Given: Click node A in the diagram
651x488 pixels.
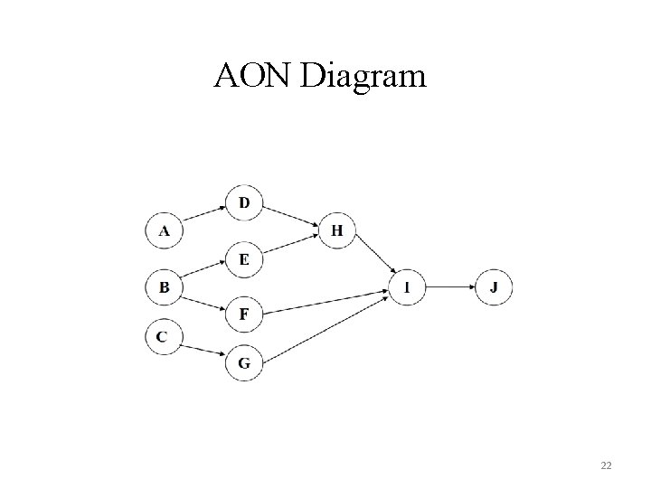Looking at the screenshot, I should click(x=164, y=230).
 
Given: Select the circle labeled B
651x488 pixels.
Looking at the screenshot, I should click(x=164, y=288).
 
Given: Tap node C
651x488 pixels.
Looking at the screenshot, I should click(x=164, y=336).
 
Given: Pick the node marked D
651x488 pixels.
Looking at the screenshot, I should click(x=244, y=202).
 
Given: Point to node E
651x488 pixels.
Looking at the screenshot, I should click(x=244, y=259).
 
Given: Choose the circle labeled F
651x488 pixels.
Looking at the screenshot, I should click(x=244, y=314).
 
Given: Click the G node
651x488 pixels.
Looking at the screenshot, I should click(x=244, y=363).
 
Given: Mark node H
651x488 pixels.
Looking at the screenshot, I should click(x=336, y=230).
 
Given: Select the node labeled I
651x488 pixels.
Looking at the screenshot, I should click(x=407, y=287).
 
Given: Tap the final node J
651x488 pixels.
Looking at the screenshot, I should click(x=493, y=287).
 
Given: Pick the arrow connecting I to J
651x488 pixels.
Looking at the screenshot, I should click(x=449, y=287).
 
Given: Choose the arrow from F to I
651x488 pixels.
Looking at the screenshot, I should click(x=325, y=302).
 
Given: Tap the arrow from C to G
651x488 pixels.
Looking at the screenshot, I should click(x=203, y=350).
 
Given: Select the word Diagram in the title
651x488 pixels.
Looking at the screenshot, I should click(x=363, y=79).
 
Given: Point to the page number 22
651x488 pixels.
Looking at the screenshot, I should click(x=605, y=465).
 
